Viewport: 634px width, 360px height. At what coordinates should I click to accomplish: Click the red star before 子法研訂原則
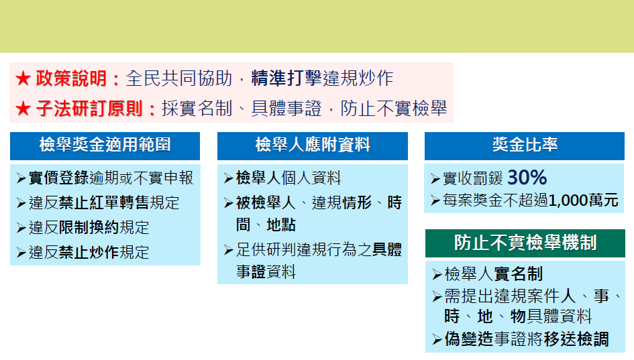click(x=23, y=109)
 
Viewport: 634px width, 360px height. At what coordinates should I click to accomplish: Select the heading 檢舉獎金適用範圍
click(x=105, y=145)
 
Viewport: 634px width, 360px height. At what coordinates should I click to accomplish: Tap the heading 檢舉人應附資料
click(x=313, y=145)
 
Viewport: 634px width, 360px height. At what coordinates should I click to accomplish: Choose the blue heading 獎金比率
click(x=525, y=145)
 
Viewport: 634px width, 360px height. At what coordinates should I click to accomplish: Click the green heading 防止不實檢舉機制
click(x=525, y=243)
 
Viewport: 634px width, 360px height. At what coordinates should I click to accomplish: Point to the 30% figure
click(x=527, y=178)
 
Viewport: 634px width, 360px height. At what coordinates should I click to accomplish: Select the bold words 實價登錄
click(x=59, y=178)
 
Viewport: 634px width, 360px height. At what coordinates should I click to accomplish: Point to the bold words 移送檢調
click(x=577, y=339)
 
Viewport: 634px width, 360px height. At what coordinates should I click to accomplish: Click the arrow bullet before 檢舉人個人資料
click(x=229, y=178)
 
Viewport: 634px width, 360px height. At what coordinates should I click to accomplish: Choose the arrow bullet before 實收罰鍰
click(x=435, y=179)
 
